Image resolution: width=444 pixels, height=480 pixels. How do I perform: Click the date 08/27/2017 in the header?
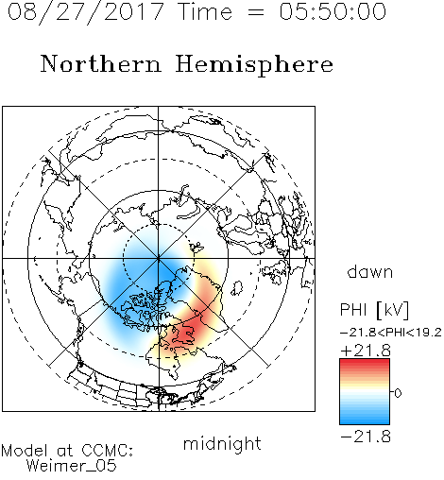[85, 12]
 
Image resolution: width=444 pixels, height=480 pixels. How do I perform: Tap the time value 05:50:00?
[333, 11]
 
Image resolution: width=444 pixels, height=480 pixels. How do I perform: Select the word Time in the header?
[205, 11]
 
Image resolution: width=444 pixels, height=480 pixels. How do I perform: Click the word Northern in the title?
[101, 63]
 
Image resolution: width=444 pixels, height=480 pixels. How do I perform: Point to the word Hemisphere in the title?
[254, 65]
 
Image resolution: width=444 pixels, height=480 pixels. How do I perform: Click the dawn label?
[370, 271]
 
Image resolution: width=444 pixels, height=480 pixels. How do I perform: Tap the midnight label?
[222, 443]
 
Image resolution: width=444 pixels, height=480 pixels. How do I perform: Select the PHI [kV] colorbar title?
[374, 310]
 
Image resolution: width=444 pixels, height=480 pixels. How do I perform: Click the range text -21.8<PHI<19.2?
[391, 333]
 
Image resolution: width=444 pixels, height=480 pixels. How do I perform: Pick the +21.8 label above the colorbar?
[366, 351]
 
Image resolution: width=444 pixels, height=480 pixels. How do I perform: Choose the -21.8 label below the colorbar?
[366, 437]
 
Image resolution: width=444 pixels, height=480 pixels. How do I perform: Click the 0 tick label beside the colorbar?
[398, 393]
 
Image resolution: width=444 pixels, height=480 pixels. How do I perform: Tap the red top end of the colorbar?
[365, 362]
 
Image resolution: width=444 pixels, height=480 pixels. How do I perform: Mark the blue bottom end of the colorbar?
[365, 421]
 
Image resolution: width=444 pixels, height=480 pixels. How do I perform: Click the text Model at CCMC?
[67, 451]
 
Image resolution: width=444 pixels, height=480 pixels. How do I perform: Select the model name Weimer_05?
[71, 466]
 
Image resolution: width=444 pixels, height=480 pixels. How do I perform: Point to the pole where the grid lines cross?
[159, 258]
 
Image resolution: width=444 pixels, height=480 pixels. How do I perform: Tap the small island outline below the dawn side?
[237, 288]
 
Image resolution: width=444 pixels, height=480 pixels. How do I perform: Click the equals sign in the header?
[255, 12]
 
